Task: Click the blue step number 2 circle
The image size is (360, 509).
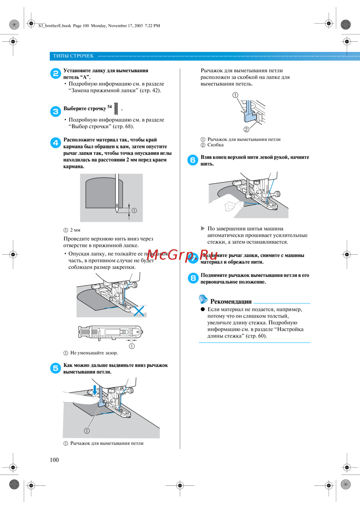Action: (55, 74)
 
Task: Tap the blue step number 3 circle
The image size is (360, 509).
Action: (55, 112)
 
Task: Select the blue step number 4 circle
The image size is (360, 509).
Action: (55, 143)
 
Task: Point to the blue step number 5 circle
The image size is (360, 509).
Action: (55, 368)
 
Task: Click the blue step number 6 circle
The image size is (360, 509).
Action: (193, 160)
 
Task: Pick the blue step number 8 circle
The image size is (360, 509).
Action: (193, 278)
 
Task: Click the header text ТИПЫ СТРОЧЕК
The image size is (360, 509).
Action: (73, 56)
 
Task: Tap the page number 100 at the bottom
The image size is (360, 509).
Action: (54, 460)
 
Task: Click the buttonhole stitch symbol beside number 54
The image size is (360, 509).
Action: (116, 108)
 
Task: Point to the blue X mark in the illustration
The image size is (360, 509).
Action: (139, 311)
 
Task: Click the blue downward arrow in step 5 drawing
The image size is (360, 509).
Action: (95, 390)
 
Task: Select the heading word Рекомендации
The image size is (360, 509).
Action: (231, 301)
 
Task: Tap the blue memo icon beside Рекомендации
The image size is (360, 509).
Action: (203, 299)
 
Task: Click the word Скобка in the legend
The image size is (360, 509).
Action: (215, 145)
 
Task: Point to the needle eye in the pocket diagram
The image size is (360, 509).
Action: (117, 206)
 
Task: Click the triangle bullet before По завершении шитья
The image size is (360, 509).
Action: (203, 228)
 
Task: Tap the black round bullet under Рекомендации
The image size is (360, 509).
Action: (203, 309)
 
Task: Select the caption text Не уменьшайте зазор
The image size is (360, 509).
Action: (94, 353)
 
